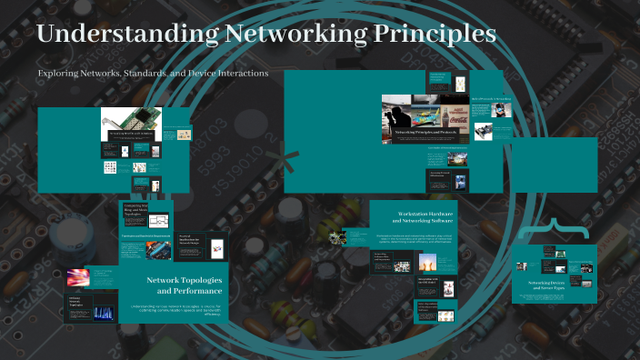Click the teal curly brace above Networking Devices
(548, 229)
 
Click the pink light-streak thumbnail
(75, 279)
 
